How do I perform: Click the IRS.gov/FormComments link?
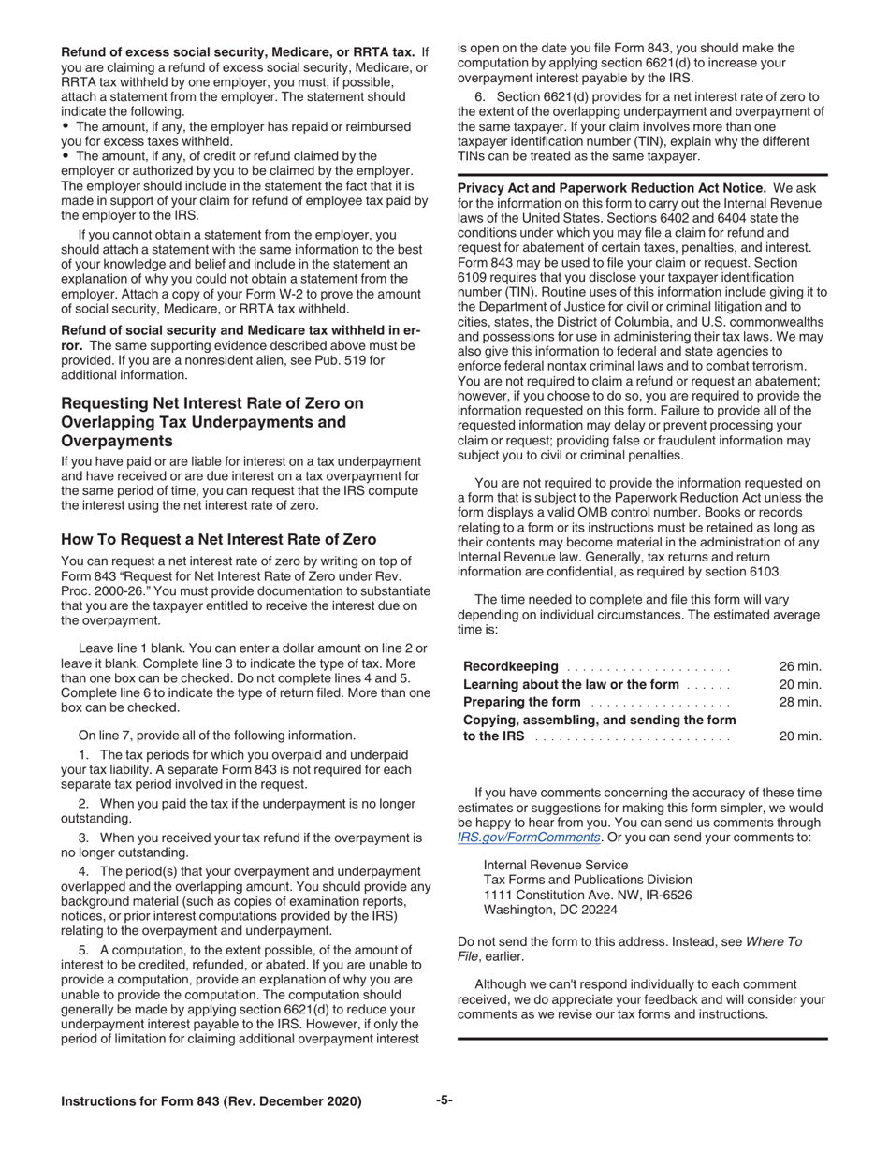528,838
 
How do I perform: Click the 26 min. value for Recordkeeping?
800,666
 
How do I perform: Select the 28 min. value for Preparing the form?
800,702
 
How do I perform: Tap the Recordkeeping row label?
511,666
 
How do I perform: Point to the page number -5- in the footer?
444,1100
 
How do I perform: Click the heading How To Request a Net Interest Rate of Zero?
218,540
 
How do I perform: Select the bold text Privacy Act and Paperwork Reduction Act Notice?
611,188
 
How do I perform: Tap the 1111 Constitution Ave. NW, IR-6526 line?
587,895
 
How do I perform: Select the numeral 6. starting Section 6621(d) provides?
480,97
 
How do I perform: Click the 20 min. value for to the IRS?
800,736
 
